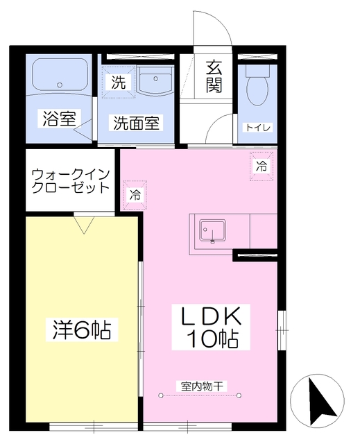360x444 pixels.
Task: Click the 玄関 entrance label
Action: [214, 77]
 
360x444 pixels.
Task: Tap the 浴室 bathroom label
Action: [59, 119]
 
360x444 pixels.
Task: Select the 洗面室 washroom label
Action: [136, 123]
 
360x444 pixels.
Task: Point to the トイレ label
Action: [257, 128]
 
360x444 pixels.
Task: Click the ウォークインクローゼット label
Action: [70, 180]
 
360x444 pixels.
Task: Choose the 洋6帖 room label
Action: [82, 330]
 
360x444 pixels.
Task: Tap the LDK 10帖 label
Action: [211, 327]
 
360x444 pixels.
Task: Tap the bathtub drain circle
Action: [60, 85]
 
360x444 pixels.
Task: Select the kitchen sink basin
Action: [212, 230]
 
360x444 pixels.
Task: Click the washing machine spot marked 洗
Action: [119, 82]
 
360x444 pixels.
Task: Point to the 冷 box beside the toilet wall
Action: [262, 166]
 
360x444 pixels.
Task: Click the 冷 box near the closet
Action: [135, 195]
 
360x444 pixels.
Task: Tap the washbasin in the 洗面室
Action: [155, 80]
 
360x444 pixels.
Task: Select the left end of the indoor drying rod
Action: [161, 395]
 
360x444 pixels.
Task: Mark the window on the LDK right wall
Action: [282, 330]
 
